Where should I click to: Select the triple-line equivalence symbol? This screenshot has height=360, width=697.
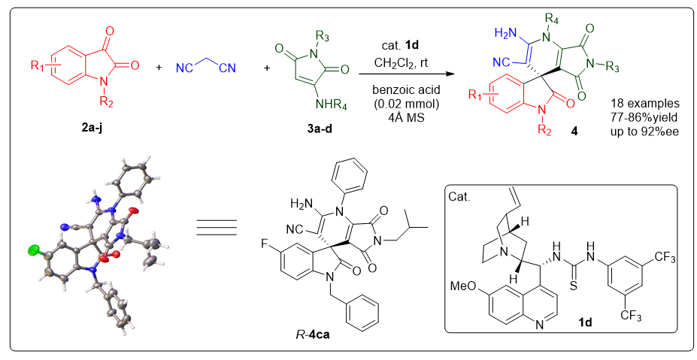pyautogui.click(x=217, y=225)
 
